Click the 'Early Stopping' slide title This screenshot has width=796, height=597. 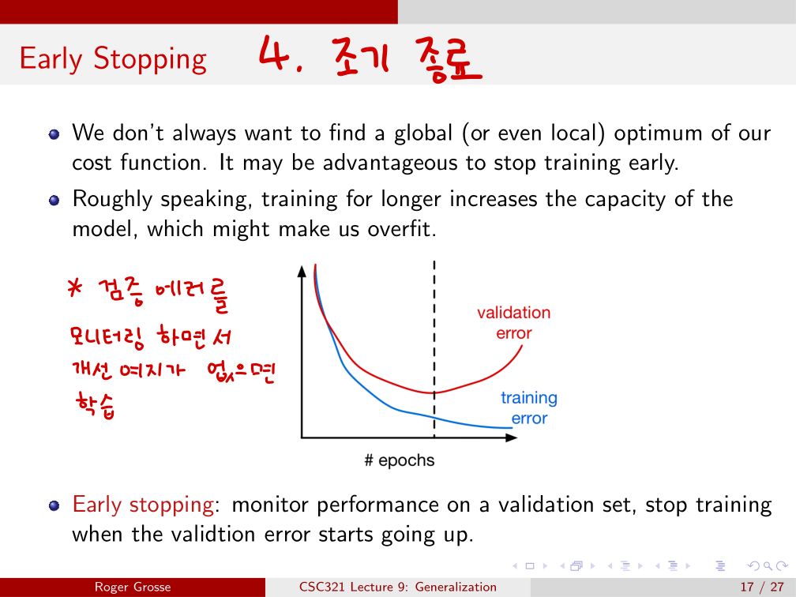click(x=113, y=59)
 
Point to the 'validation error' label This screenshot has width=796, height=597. click(x=514, y=323)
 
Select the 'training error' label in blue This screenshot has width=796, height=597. click(x=529, y=407)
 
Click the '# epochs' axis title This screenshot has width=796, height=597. click(x=400, y=460)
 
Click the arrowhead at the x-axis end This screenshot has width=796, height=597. click(x=512, y=437)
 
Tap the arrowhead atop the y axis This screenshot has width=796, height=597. click(x=302, y=272)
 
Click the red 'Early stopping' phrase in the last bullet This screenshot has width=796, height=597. click(x=143, y=505)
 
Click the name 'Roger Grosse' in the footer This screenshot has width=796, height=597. click(x=133, y=588)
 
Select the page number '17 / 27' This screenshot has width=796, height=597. click(x=762, y=588)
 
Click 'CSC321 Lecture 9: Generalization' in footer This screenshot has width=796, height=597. click(x=398, y=588)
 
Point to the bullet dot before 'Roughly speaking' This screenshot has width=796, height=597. click(x=54, y=201)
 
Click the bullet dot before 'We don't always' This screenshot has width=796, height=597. click(x=54, y=134)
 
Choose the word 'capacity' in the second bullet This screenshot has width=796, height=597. click(x=625, y=200)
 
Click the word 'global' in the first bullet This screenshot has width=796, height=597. click(x=423, y=133)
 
